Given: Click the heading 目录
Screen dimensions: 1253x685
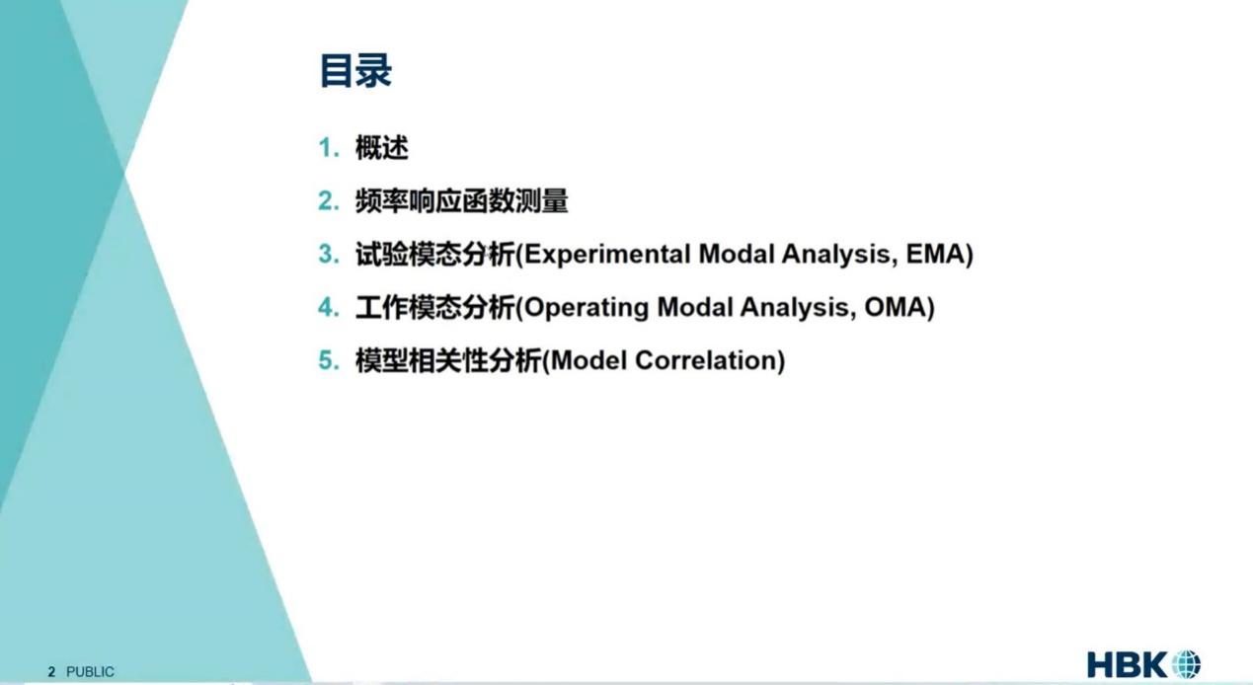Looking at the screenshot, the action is pyautogui.click(x=355, y=70).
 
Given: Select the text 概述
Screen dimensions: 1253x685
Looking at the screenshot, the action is pyautogui.click(x=381, y=148).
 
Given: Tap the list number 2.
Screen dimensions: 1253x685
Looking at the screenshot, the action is pyautogui.click(x=329, y=201).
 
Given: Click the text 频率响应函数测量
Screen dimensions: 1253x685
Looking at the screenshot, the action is pyautogui.click(x=461, y=201).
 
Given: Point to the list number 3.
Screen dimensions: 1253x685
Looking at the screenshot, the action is pyautogui.click(x=329, y=255).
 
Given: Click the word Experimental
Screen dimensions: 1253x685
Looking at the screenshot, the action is pyautogui.click(x=607, y=255).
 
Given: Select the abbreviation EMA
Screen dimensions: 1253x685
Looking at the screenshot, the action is pyautogui.click(x=936, y=254).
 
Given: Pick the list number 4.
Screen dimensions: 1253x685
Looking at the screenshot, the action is pyautogui.click(x=329, y=308).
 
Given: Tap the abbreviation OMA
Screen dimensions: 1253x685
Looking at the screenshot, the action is pyautogui.click(x=895, y=307).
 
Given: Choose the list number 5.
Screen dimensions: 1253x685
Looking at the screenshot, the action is pyautogui.click(x=329, y=360).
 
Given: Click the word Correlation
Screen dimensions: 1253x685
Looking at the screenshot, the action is pyautogui.click(x=706, y=360).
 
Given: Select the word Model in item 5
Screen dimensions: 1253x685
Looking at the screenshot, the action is pyautogui.click(x=588, y=360).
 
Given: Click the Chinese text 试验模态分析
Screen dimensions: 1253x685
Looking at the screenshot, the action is pyautogui.click(x=434, y=255).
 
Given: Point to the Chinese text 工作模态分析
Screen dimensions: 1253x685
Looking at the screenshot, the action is pyautogui.click(x=434, y=308).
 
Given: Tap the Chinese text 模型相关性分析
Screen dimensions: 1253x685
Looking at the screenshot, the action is pyautogui.click(x=448, y=360).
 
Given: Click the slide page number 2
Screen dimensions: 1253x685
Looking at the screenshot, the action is pyautogui.click(x=51, y=671).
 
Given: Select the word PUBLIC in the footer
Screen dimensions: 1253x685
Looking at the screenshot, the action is pyautogui.click(x=90, y=671).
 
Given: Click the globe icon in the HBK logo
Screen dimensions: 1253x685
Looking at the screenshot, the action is pyautogui.click(x=1186, y=665).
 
